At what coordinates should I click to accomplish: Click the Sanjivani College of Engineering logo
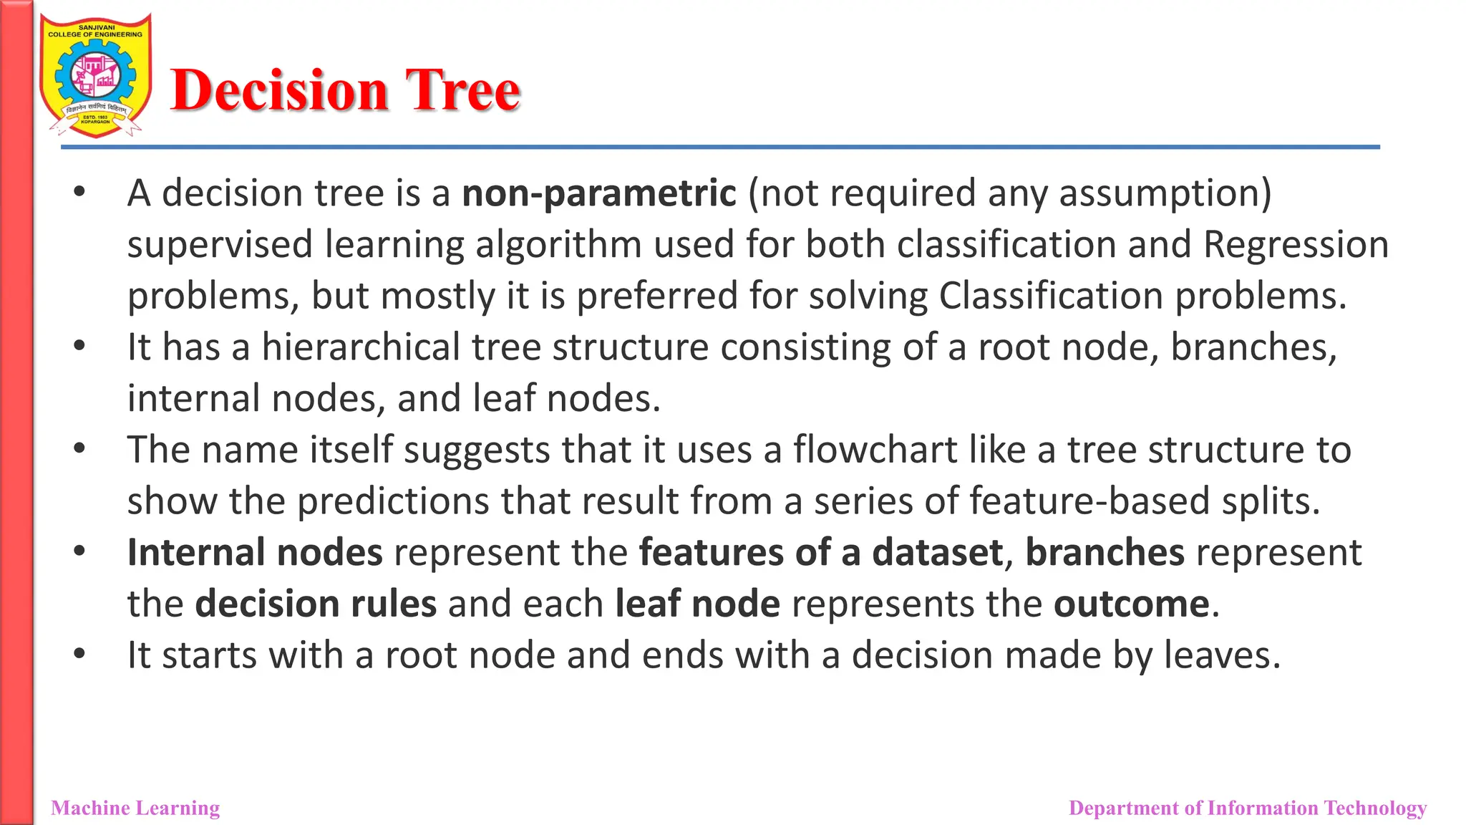point(95,75)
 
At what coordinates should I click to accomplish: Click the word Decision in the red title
point(279,90)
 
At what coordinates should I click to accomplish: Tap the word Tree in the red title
point(462,90)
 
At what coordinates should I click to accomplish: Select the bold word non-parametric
point(598,193)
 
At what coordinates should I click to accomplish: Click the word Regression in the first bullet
point(1296,245)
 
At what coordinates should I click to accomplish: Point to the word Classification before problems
point(1051,296)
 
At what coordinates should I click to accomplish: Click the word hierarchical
point(361,347)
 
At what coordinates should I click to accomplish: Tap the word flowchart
point(875,450)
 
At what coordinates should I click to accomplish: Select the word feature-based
point(1089,501)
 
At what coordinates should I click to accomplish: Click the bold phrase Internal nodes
point(255,553)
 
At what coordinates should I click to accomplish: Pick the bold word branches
point(1105,553)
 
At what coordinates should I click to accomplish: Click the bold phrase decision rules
point(316,604)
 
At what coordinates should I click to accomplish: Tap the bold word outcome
point(1131,604)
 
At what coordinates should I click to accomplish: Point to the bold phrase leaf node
point(697,604)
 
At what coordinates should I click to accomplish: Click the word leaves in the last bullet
point(1216,655)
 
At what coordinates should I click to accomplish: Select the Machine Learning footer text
point(135,808)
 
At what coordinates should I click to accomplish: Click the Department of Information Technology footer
point(1247,808)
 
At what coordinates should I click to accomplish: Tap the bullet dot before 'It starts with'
point(79,653)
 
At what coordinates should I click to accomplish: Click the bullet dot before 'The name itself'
point(79,448)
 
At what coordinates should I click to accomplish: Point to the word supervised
point(220,245)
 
